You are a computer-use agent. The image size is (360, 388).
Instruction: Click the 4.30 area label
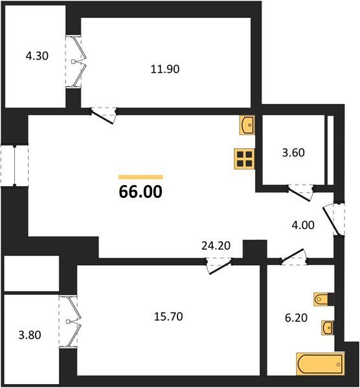(x=37, y=56)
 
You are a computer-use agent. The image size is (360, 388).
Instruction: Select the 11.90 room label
(x=165, y=69)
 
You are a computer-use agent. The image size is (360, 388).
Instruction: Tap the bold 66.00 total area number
(x=141, y=192)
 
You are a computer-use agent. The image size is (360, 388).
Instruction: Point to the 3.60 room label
(x=293, y=153)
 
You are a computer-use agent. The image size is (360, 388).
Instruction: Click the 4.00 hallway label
(x=303, y=225)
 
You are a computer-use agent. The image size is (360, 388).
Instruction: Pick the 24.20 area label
(x=216, y=246)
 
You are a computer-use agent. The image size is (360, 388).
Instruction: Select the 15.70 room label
(x=168, y=316)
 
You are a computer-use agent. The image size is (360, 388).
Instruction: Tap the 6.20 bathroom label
(x=296, y=318)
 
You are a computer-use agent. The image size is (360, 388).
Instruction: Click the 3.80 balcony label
(x=30, y=335)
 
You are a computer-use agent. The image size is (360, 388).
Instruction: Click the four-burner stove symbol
(x=245, y=158)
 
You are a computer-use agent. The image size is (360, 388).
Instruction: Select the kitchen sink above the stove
(x=247, y=125)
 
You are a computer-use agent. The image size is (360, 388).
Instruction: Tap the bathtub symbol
(x=320, y=364)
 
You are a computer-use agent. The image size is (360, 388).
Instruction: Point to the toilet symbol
(x=321, y=299)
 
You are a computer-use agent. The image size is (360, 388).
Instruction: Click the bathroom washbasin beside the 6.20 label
(x=327, y=328)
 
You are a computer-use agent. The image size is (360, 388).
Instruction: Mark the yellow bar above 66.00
(x=141, y=177)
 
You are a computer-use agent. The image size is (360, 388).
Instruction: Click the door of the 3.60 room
(x=300, y=193)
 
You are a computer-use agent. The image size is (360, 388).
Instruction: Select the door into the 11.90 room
(x=104, y=116)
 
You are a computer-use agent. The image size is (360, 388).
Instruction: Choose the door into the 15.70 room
(x=219, y=266)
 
